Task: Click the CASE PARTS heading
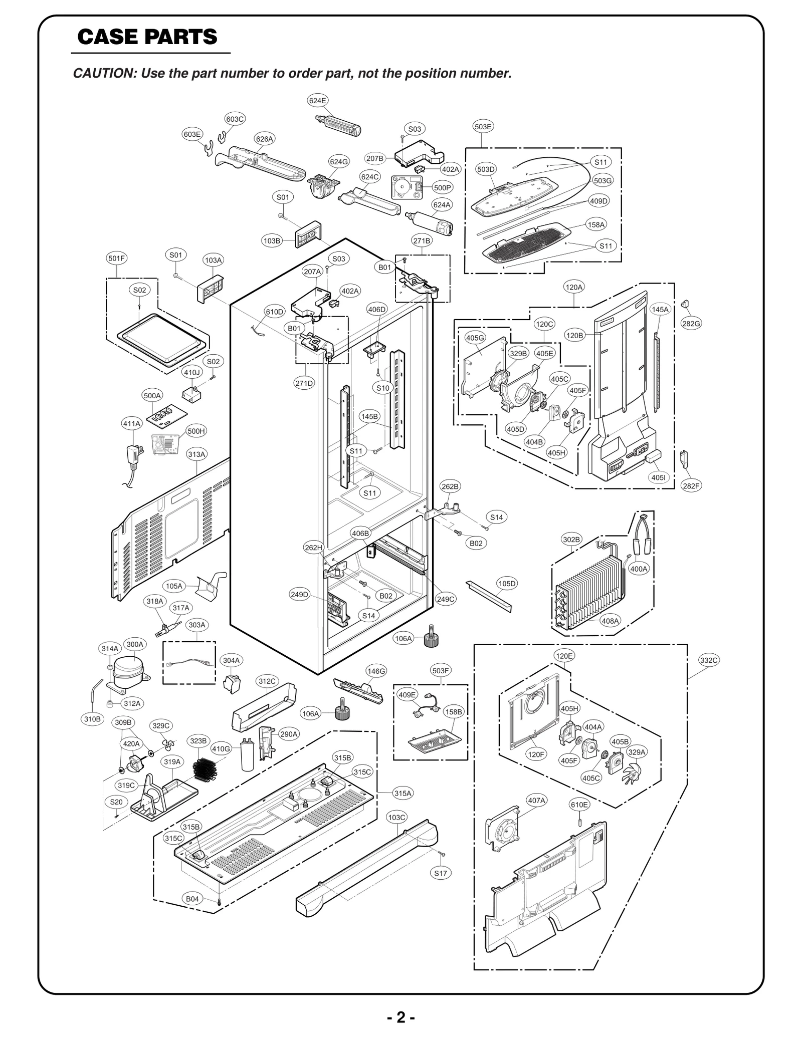point(147,37)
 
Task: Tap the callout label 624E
point(317,100)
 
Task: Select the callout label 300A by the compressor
point(134,644)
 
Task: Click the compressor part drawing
point(128,671)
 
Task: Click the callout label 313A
point(196,454)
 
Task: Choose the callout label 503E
point(483,127)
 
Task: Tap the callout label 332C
point(709,660)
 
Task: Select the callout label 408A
point(611,621)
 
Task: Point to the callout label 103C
point(396,817)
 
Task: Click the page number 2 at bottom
point(400,1017)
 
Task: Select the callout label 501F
point(116,258)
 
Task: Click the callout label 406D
point(377,310)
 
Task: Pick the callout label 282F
point(691,485)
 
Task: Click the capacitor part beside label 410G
point(247,756)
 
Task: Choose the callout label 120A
point(573,287)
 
